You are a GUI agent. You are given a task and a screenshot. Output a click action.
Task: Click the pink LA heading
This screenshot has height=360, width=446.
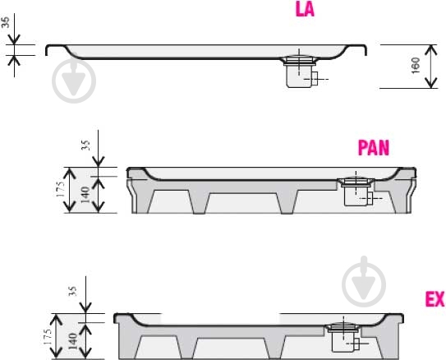(305, 9)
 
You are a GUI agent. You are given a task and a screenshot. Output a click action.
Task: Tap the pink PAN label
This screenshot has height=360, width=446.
(373, 148)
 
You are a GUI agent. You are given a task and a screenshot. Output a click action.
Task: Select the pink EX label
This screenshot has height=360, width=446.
(435, 299)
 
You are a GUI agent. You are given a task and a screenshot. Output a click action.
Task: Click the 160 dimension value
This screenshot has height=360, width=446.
(416, 65)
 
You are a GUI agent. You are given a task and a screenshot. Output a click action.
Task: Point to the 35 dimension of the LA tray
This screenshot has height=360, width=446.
(6, 22)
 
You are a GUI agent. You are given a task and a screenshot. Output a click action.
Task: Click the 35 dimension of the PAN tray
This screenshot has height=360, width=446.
(85, 145)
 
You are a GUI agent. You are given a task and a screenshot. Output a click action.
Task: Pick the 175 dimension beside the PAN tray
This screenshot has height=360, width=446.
(60, 189)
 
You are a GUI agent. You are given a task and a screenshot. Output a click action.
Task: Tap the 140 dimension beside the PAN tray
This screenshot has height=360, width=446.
(85, 195)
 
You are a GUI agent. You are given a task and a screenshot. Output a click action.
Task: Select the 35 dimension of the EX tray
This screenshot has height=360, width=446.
(72, 291)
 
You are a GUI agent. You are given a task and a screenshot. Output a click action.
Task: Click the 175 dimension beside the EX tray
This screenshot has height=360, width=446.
(48, 337)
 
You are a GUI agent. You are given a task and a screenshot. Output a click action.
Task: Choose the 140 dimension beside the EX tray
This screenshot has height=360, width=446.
(73, 341)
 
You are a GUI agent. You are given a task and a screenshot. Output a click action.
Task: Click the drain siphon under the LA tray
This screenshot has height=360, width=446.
(301, 72)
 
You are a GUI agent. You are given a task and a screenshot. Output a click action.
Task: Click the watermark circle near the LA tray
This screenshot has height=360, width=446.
(74, 81)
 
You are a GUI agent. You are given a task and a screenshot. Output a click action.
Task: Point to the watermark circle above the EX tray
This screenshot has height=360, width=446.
(364, 284)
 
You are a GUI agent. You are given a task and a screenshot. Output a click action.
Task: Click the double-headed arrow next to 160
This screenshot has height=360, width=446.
(431, 67)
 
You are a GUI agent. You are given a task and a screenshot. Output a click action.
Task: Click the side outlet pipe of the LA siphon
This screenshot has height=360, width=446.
(315, 79)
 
